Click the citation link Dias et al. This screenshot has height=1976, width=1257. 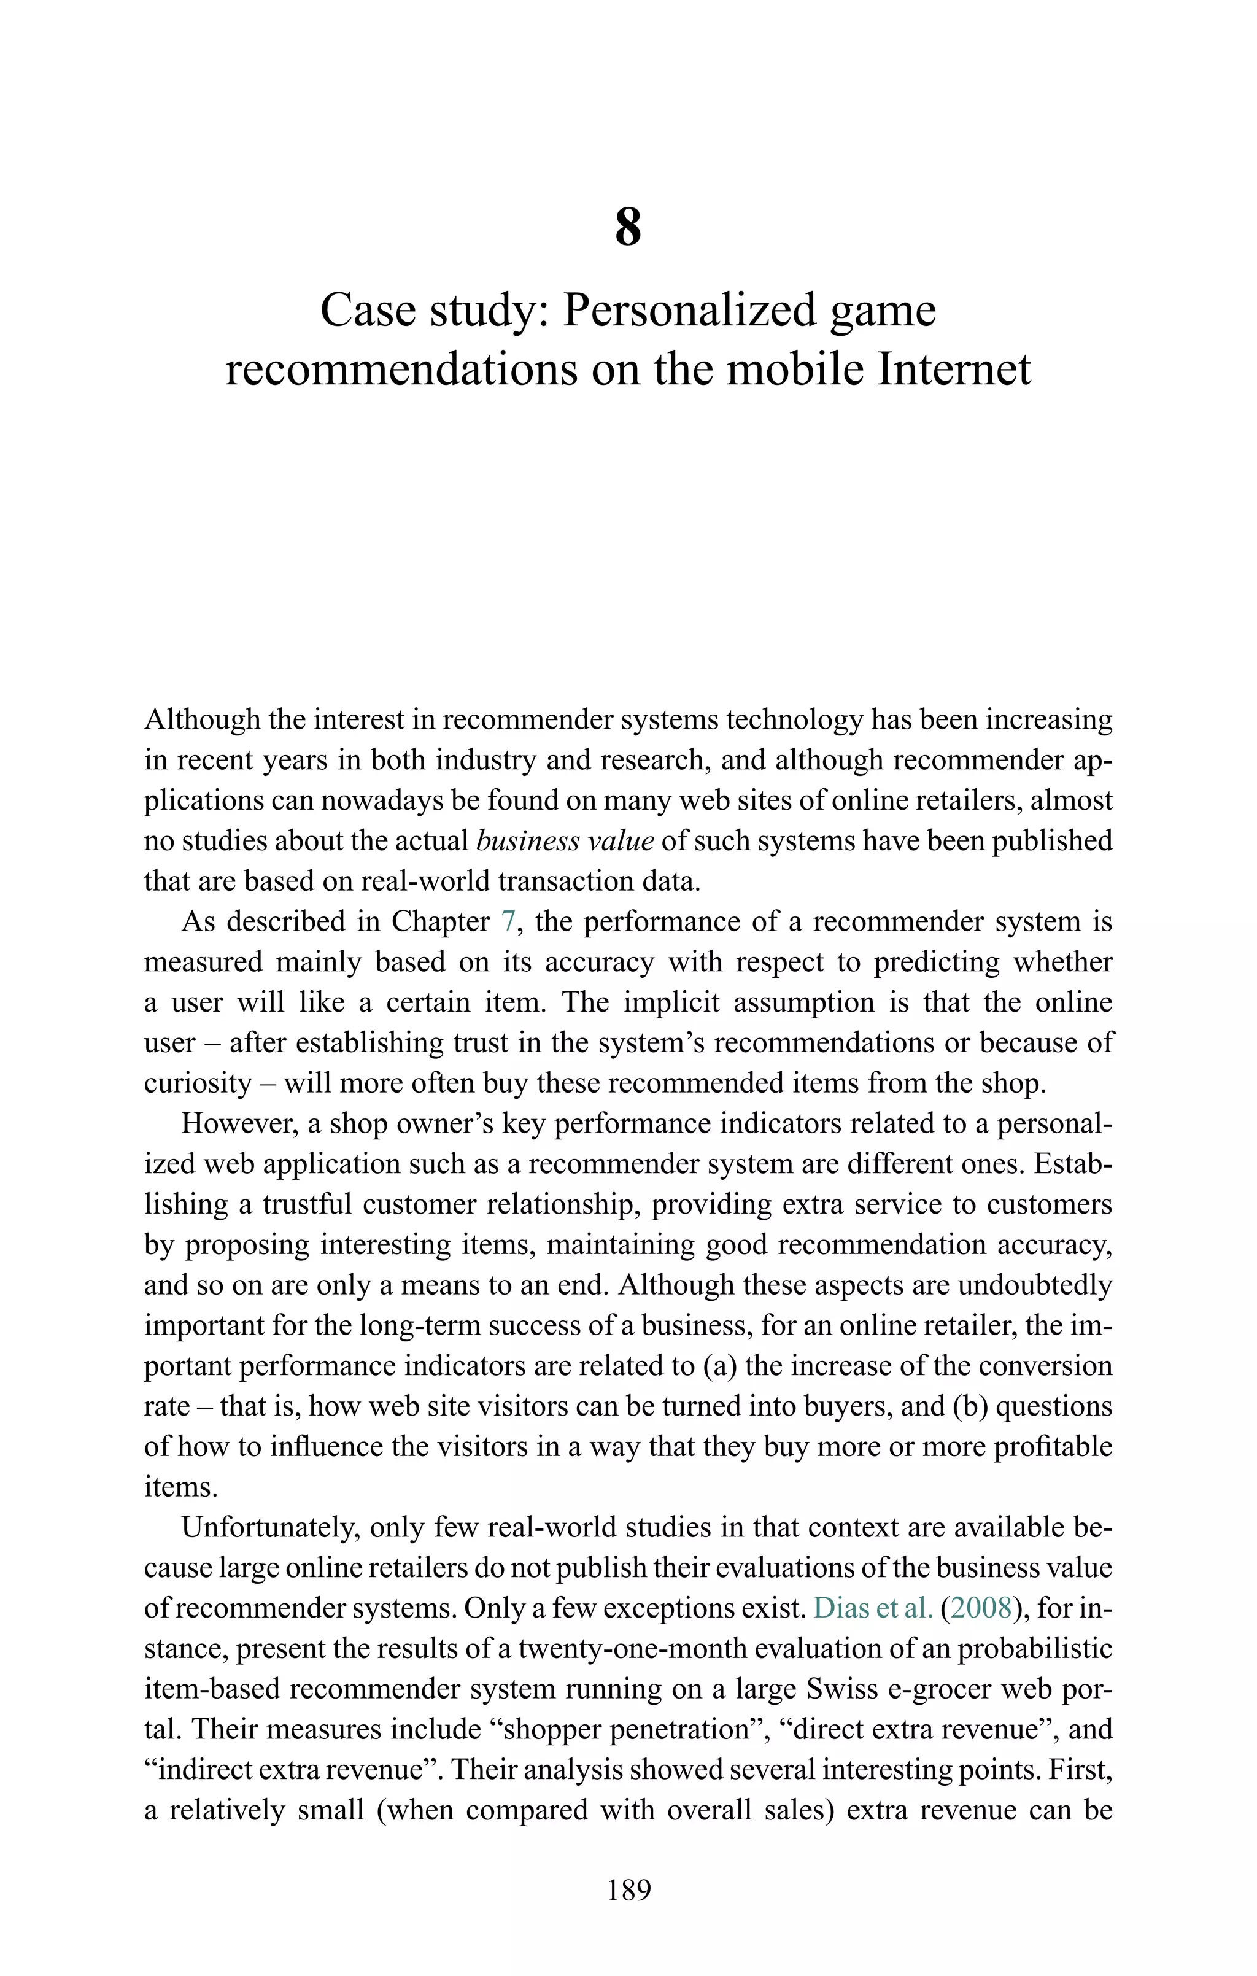[x=872, y=1608]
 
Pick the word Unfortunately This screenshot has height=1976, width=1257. [x=269, y=1527]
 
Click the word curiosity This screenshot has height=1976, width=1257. [x=197, y=1083]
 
